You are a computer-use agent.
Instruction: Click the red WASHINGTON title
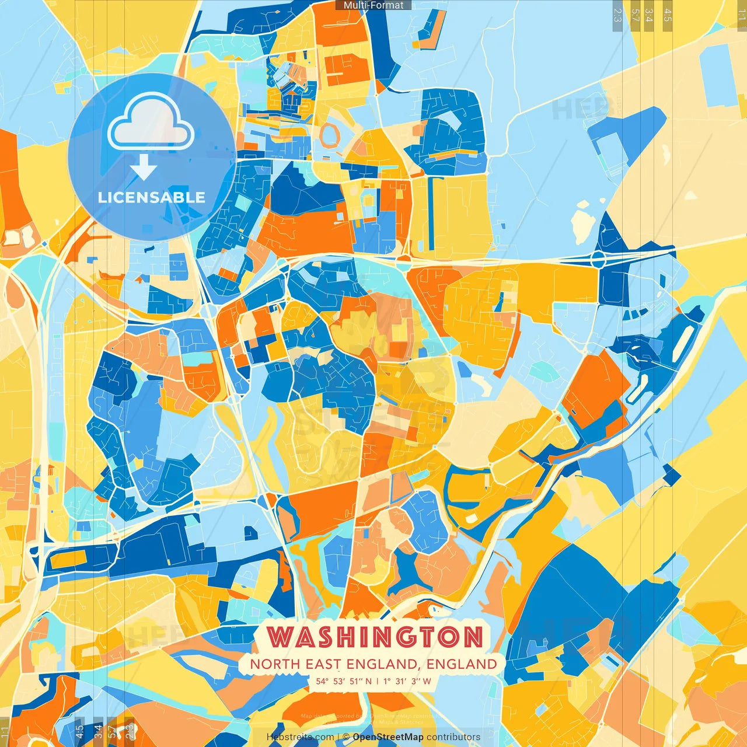(375, 637)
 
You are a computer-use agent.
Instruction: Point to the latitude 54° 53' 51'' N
(344, 681)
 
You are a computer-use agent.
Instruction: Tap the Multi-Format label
(373, 5)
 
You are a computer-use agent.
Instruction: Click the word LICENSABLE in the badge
(152, 197)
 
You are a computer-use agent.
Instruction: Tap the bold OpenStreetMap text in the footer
(388, 737)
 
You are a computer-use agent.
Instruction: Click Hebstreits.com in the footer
(300, 737)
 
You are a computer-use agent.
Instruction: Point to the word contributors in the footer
(453, 737)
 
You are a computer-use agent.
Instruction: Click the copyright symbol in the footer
(345, 737)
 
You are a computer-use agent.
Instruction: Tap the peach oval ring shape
(330, 134)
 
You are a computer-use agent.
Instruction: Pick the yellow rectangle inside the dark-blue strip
(68, 560)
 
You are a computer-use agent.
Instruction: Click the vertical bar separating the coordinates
(377, 681)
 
